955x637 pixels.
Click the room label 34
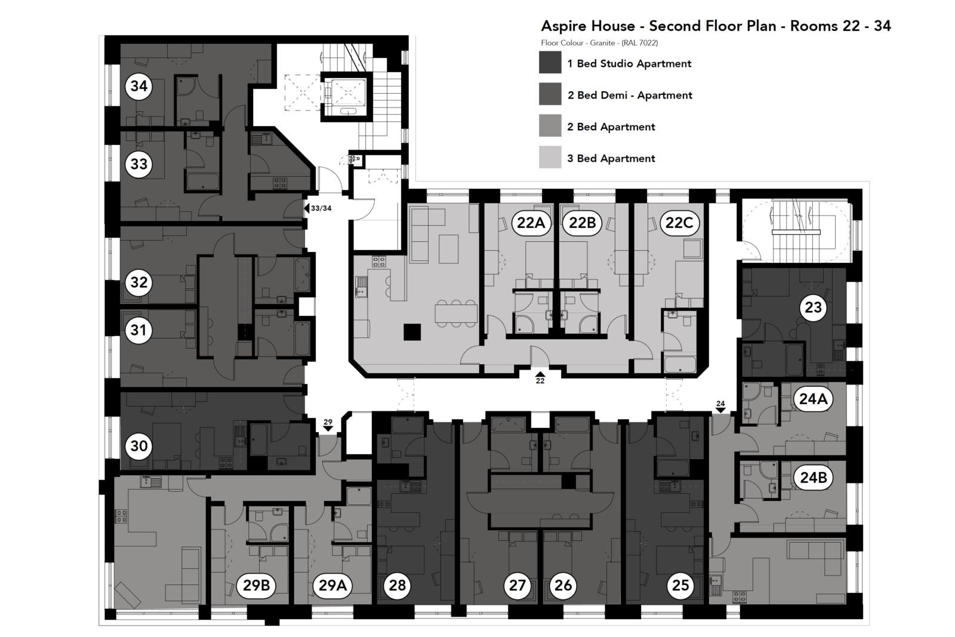click(138, 86)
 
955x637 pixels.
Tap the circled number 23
click(813, 307)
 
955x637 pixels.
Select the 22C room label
click(679, 223)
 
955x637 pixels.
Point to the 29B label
click(257, 585)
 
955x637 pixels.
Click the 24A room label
click(812, 398)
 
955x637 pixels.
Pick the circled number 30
click(138, 446)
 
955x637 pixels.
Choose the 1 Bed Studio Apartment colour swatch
click(550, 63)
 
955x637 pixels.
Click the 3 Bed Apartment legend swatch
click(550, 158)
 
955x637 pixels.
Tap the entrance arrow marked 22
click(540, 374)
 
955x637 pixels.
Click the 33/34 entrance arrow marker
click(306, 208)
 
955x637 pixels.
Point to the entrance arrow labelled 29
click(328, 428)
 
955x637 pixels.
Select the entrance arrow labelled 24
click(720, 410)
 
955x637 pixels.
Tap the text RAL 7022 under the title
click(639, 43)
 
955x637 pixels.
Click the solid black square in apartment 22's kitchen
click(412, 332)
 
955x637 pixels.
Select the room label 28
click(397, 585)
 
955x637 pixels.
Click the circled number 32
click(138, 282)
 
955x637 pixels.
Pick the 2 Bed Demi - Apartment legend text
click(630, 95)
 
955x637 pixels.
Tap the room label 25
click(680, 585)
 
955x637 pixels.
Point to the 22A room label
click(531, 223)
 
